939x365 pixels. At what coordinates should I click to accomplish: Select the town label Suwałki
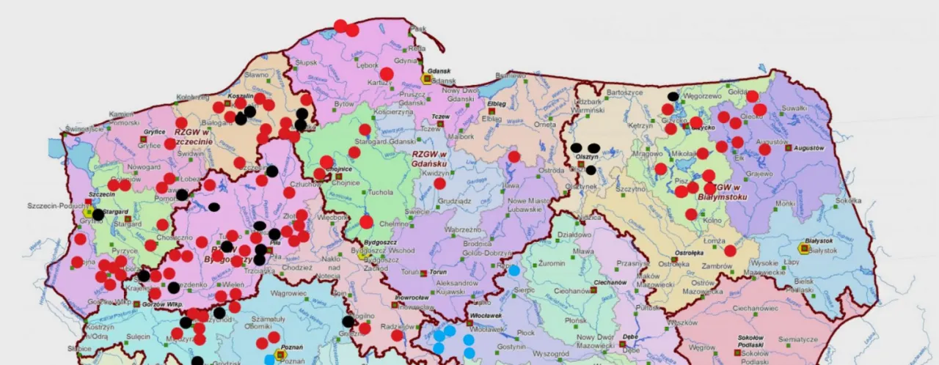pyautogui.click(x=794, y=108)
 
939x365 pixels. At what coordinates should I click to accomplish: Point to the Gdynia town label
pyautogui.click(x=406, y=61)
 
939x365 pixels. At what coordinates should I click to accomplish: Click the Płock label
pyautogui.click(x=526, y=332)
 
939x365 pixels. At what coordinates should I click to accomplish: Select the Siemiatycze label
pyautogui.click(x=798, y=339)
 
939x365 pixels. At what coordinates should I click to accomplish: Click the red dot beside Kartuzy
pyautogui.click(x=387, y=74)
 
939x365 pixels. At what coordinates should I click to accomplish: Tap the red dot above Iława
pyautogui.click(x=514, y=156)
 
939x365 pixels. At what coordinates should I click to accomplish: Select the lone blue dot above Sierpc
pyautogui.click(x=514, y=270)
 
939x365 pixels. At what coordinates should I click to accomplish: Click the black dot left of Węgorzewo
pyautogui.click(x=673, y=96)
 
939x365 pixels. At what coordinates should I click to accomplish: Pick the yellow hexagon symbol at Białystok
pyautogui.click(x=804, y=249)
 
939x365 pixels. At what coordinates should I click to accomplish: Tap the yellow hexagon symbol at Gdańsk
pyautogui.click(x=425, y=78)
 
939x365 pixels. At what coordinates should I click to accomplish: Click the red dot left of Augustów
pyautogui.click(x=764, y=150)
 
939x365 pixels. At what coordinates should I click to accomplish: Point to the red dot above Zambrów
pyautogui.click(x=730, y=251)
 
